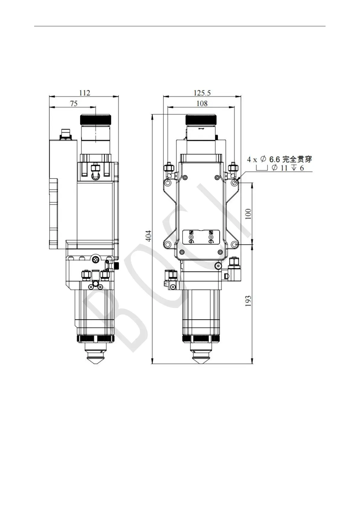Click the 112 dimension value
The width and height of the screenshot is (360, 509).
coord(85,92)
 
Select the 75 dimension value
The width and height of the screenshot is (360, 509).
coord(74,103)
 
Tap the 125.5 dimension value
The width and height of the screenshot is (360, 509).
coord(202,92)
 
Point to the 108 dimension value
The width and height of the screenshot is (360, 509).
coord(202,103)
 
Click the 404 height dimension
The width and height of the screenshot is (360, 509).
coord(149,236)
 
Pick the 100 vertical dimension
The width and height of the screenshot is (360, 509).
coord(248,214)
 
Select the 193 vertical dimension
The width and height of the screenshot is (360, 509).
coord(248,301)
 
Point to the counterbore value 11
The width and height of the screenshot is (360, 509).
coord(284,168)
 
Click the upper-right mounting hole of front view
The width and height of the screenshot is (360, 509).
coord(235,183)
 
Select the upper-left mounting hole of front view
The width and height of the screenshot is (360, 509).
coord(168,183)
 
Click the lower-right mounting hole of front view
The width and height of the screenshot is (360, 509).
coord(235,244)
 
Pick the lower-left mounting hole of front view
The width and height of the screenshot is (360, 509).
coord(168,244)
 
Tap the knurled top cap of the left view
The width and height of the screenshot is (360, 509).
coord(95,119)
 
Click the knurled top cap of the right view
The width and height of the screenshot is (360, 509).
coord(201,119)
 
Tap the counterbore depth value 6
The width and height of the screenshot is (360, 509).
coord(302,168)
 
